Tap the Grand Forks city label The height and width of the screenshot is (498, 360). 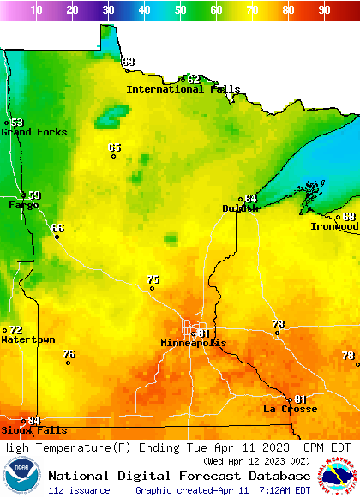click(28, 132)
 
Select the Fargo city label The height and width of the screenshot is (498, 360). click(23, 205)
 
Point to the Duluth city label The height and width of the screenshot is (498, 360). click(240, 208)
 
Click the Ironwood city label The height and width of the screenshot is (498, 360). click(334, 226)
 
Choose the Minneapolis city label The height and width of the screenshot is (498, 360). click(194, 343)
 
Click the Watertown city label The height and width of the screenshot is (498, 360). click(27, 339)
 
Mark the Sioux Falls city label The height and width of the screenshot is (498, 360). click(33, 430)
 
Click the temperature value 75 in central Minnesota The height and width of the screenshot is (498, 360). click(153, 279)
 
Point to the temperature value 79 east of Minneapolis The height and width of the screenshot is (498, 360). click(278, 324)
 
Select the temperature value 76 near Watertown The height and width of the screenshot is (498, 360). click(69, 353)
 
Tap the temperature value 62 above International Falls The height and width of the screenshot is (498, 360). click(194, 79)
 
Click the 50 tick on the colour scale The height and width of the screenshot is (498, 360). click(180, 10)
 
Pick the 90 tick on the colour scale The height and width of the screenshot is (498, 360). click(324, 10)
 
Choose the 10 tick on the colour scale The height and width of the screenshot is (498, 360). click(36, 10)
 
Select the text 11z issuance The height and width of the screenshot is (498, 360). click(79, 490)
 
